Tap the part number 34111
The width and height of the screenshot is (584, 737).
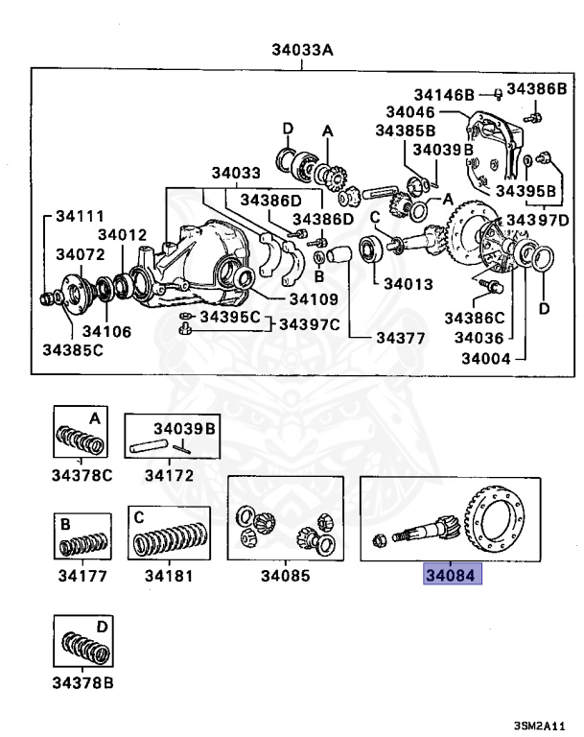79,218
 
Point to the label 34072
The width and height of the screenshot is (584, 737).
80,254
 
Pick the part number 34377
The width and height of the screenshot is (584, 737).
400,337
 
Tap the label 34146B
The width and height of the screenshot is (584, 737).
444,94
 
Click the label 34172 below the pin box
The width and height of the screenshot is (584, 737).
165,474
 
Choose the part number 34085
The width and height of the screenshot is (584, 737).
285,577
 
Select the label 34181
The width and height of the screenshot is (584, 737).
168,577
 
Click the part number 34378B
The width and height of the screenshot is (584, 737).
82,683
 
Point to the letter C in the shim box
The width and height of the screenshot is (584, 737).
139,517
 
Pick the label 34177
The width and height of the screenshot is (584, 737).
82,577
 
